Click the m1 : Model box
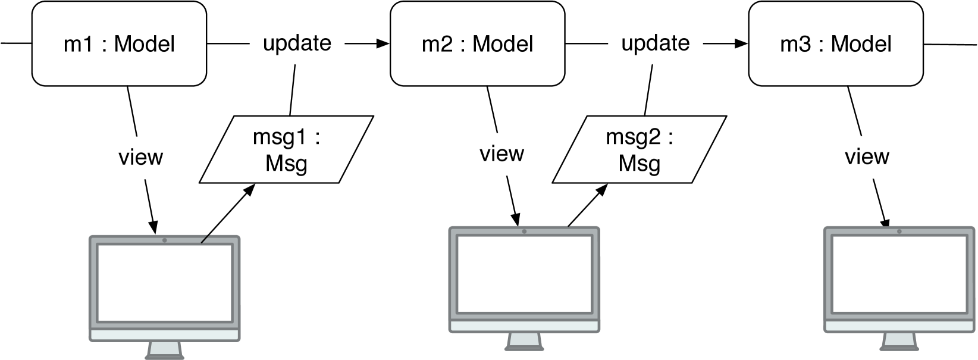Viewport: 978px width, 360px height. point(119,43)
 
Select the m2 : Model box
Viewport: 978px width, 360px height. point(477,43)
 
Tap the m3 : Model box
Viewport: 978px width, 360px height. point(835,43)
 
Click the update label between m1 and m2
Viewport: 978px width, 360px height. point(297,43)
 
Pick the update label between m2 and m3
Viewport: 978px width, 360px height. point(655,43)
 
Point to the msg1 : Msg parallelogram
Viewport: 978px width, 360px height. point(286,149)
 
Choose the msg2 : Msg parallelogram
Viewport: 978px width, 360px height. point(639,149)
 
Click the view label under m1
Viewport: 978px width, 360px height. point(140,157)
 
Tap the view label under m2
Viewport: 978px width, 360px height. point(501,154)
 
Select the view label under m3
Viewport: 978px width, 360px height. point(867,157)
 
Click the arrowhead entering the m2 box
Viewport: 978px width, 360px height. point(383,43)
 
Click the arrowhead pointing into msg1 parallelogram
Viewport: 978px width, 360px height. point(250,189)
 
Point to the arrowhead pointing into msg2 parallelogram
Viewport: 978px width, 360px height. point(603,189)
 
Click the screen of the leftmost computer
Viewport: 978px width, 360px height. point(164,283)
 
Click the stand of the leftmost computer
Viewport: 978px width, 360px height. point(164,350)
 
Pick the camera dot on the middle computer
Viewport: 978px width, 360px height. point(524,231)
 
